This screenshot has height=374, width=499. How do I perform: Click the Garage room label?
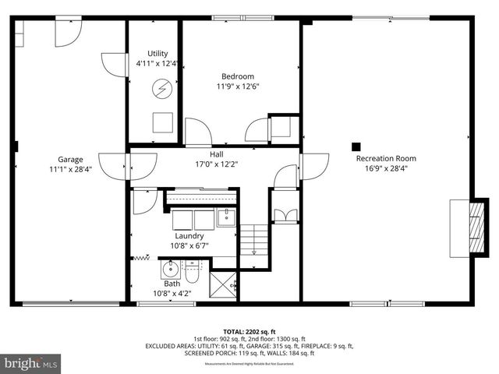[69, 159]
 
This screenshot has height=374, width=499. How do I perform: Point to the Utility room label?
[157, 54]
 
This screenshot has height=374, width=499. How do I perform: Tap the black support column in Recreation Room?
[356, 145]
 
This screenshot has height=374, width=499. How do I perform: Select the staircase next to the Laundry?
[253, 245]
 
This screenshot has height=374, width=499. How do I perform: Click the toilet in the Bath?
[192, 273]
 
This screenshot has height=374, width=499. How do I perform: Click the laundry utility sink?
[226, 217]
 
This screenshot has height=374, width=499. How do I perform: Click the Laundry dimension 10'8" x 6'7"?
[189, 245]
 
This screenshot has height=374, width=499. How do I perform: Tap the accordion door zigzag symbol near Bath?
[142, 257]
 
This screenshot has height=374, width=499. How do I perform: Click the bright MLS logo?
[31, 363]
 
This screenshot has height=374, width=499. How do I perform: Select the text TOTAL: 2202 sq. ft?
[249, 331]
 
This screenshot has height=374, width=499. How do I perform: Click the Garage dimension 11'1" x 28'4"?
[69, 168]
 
